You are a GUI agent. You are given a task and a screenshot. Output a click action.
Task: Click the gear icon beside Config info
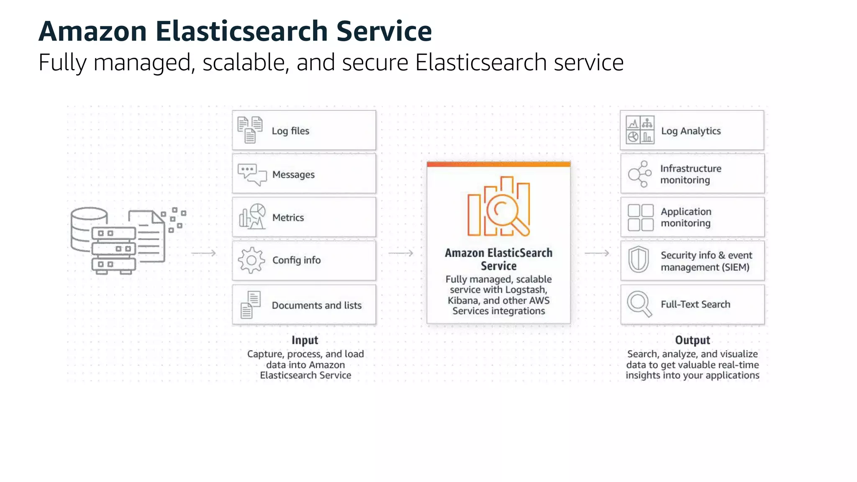[x=251, y=260]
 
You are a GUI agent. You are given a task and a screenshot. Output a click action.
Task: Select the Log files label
[x=290, y=131]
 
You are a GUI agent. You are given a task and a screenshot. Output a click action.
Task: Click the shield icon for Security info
[x=639, y=259]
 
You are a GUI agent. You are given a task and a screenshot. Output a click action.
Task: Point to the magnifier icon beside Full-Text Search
[x=639, y=304]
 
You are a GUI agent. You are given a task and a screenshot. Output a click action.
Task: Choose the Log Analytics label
[x=691, y=131]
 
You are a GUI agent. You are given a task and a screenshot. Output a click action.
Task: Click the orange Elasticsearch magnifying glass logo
[x=499, y=207]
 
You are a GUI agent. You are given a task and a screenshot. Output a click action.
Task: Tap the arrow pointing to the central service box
[x=401, y=253]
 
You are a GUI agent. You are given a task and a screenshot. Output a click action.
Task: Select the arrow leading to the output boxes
[x=597, y=253]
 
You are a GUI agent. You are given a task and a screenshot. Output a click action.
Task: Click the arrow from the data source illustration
[x=203, y=253]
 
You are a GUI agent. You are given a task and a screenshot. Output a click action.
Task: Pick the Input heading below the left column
[x=305, y=340]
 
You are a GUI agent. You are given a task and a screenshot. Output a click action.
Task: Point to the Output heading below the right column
[x=693, y=340]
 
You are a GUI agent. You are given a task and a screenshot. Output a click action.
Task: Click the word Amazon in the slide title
[x=92, y=31]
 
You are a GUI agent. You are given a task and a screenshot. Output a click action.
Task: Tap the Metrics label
[x=288, y=218]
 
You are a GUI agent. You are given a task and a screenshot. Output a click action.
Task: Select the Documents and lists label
[x=316, y=305]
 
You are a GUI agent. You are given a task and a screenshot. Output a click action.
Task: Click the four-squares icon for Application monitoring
[x=640, y=218]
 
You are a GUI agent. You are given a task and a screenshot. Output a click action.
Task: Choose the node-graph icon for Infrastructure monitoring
[x=639, y=174]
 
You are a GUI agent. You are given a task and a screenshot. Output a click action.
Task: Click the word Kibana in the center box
[x=463, y=300]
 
